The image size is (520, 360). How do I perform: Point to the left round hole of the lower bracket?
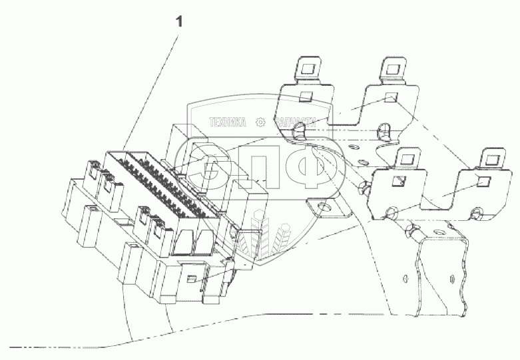tap(392, 212)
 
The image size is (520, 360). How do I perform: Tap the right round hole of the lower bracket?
tap(475, 213)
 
